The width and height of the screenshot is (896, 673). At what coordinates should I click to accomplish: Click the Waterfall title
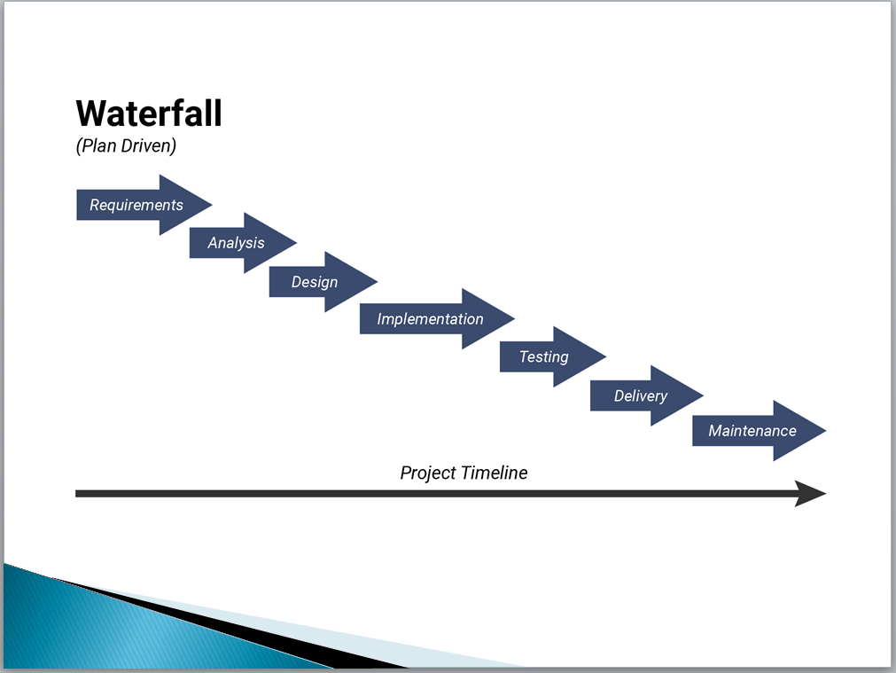(149, 113)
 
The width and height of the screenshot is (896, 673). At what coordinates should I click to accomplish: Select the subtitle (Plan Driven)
(126, 145)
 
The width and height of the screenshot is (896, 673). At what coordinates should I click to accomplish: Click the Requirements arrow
(144, 205)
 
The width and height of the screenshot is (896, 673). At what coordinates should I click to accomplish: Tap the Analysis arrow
(243, 243)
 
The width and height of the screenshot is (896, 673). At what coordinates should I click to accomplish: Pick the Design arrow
(323, 282)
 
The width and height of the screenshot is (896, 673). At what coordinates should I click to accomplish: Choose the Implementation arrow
(437, 319)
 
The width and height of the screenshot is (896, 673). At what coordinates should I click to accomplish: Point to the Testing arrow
(552, 356)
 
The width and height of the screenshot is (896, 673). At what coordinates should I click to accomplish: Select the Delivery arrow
(646, 395)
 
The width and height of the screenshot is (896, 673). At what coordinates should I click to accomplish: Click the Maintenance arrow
(759, 431)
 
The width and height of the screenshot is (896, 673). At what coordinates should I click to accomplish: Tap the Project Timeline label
(464, 473)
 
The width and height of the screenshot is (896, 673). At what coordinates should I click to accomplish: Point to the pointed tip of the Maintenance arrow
(826, 431)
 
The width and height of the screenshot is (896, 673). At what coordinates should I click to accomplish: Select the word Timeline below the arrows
(495, 473)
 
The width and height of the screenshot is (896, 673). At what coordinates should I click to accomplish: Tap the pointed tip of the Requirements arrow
(212, 205)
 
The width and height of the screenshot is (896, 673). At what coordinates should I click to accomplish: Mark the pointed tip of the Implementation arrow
(514, 319)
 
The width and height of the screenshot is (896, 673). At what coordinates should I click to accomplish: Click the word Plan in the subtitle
(98, 145)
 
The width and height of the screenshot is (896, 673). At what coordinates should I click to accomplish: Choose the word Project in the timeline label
(428, 473)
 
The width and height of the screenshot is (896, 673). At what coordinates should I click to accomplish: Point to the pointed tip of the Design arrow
(378, 282)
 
